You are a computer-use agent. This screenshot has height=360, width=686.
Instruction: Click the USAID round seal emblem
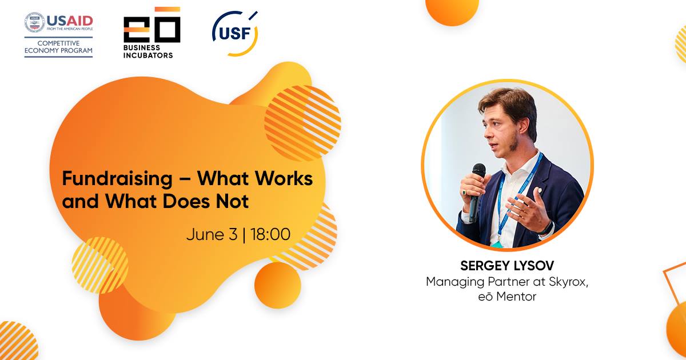tap(35, 22)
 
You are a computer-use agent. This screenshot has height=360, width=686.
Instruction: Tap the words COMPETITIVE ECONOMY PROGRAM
tap(58, 47)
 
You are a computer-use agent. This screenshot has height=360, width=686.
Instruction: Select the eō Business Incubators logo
tap(152, 33)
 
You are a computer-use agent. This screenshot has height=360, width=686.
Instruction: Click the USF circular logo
tap(235, 34)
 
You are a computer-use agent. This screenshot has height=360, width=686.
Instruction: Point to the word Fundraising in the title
tap(117, 179)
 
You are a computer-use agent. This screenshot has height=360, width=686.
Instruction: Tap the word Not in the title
tap(232, 201)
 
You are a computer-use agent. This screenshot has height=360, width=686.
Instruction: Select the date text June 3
tap(212, 234)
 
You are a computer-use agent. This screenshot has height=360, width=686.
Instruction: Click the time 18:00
tap(270, 234)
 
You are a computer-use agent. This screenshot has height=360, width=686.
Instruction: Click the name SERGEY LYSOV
tap(507, 266)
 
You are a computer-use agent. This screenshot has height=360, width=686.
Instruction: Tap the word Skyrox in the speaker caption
tap(568, 282)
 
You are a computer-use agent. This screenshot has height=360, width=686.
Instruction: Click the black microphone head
tap(478, 170)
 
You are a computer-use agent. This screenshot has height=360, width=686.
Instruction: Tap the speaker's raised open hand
tap(528, 207)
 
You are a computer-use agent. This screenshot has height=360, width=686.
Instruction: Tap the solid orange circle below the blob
tap(278, 285)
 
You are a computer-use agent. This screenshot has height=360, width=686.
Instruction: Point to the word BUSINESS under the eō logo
tap(142, 48)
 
